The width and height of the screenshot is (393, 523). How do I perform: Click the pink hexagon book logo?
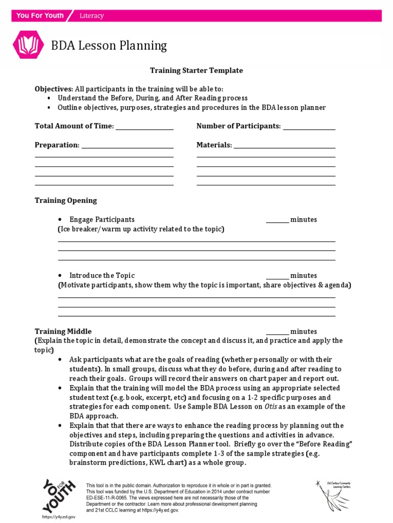point(25,45)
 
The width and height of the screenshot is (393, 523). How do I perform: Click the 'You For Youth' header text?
point(40,15)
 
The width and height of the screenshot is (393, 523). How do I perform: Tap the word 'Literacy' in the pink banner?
point(92,16)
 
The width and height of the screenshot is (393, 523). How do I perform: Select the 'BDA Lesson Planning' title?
point(109,45)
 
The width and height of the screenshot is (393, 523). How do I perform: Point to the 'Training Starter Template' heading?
point(196,70)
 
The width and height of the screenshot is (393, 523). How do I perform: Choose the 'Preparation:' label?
point(57,145)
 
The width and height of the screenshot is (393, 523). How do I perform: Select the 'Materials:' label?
point(214,145)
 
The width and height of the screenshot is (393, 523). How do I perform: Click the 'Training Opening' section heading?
point(65,200)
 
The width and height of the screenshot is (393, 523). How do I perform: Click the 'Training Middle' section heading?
point(63,331)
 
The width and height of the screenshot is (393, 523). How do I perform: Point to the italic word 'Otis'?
point(271,407)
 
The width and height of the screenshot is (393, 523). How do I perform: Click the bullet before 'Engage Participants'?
point(61,220)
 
